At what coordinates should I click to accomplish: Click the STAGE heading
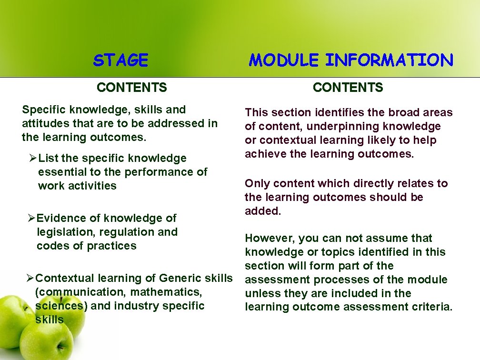click(x=121, y=60)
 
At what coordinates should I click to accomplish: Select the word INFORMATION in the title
click(x=389, y=60)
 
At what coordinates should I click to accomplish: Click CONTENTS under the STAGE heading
click(x=132, y=88)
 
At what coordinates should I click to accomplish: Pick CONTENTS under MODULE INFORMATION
click(x=348, y=88)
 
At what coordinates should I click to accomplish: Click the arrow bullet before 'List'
click(x=33, y=158)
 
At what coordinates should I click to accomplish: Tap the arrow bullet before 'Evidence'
click(x=31, y=218)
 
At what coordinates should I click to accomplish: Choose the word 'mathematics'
click(x=172, y=292)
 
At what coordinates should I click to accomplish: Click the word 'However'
click(x=267, y=238)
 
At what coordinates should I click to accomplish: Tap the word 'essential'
click(x=61, y=172)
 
